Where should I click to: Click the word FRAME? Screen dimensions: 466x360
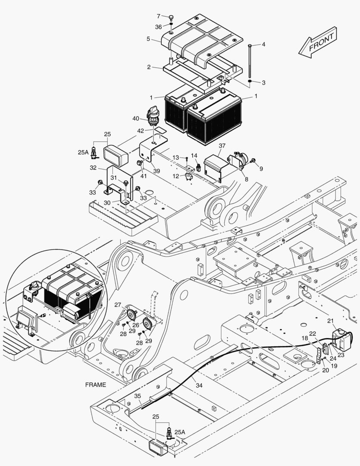click(x=96, y=384)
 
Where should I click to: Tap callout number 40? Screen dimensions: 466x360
click(x=136, y=118)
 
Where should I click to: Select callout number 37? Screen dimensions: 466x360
click(x=222, y=146)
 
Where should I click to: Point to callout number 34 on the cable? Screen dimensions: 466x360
click(x=199, y=385)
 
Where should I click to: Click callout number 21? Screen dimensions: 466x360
click(x=330, y=320)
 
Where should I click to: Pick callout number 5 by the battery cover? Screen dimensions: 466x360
click(x=148, y=39)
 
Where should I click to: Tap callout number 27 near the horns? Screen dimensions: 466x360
click(x=118, y=305)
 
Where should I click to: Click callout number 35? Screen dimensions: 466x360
click(x=138, y=396)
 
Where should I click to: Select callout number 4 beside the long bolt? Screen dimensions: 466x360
click(x=263, y=44)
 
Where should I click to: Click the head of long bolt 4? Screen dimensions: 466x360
click(x=250, y=45)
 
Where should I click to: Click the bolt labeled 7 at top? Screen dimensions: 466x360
click(x=172, y=18)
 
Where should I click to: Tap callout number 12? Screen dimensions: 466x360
click(x=175, y=176)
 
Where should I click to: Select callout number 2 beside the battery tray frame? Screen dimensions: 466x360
click(x=148, y=67)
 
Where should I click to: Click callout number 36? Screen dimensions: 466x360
click(x=159, y=27)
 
